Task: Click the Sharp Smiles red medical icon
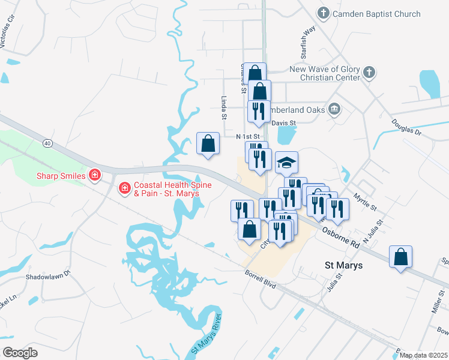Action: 94,176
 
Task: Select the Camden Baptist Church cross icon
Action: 322,14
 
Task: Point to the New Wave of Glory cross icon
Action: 369,73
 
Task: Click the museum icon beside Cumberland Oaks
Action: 334,109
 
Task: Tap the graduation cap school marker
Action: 287,162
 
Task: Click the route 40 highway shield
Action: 47,143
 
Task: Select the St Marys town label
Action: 343,265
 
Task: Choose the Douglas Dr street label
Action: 407,127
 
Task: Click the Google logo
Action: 20,352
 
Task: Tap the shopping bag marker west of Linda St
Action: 208,144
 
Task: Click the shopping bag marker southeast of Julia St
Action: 400,257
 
